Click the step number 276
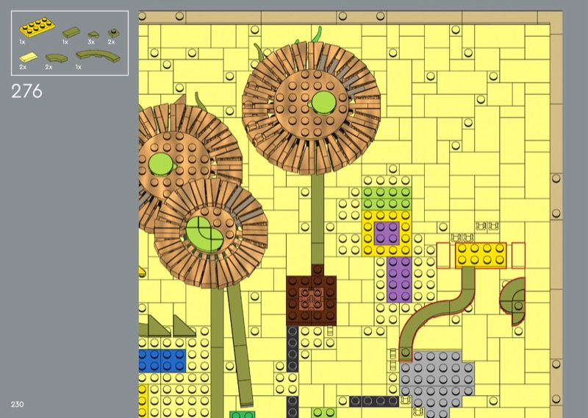[26, 91]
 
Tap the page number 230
[17, 405]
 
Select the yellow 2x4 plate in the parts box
[37, 26]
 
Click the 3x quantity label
[91, 42]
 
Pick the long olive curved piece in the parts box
[98, 56]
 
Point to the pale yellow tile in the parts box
[29, 57]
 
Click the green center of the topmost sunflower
[323, 102]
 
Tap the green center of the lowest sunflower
[205, 233]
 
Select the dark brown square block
[311, 296]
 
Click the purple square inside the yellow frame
[387, 233]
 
